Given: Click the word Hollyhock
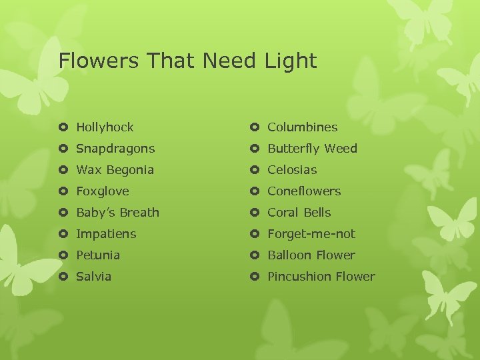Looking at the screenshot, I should (105, 127).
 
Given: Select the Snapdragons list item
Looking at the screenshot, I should (115, 149).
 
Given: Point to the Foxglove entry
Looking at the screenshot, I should (103, 191).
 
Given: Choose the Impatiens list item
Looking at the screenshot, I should (106, 234).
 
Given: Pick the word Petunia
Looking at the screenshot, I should (98, 255).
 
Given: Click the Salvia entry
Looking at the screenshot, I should (94, 277).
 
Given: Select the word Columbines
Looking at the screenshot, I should (303, 127).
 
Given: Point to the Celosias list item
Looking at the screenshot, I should (292, 170).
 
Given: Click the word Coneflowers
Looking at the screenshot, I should (304, 191).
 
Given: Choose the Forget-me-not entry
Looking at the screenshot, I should (311, 234).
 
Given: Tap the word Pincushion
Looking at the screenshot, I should (299, 277).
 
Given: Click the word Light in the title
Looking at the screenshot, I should (289, 61).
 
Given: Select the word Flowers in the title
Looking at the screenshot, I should (100, 61).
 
